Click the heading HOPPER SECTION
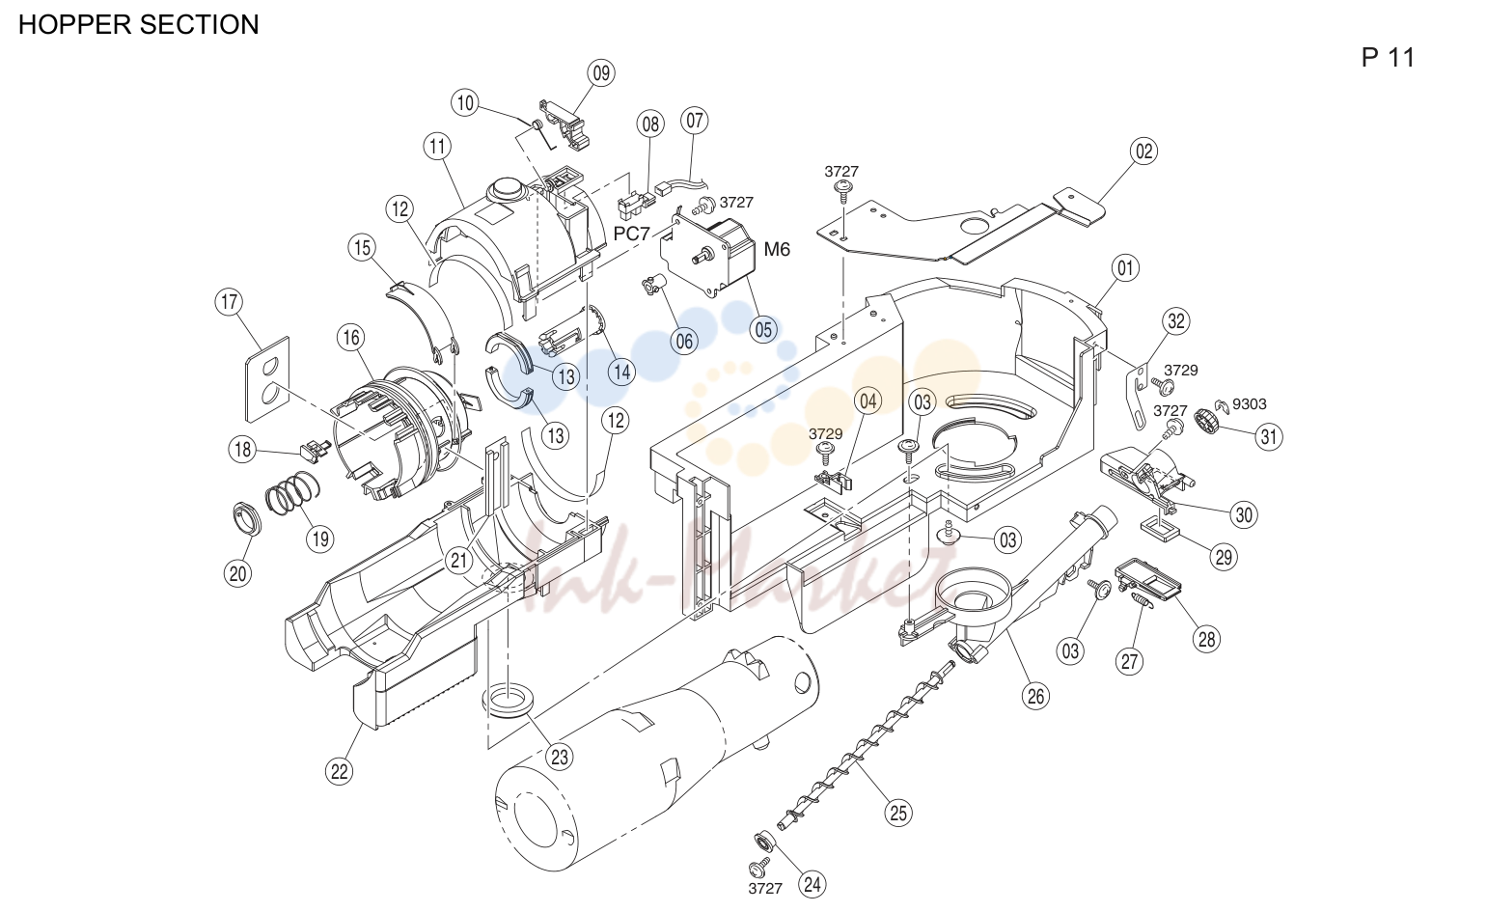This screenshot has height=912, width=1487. point(138,24)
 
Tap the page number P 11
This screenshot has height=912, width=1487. point(1388,58)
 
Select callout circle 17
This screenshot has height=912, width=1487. point(229,302)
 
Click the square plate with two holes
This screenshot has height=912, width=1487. point(267,379)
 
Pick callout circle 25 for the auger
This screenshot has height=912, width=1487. point(898,814)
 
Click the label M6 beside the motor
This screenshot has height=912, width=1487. point(777,249)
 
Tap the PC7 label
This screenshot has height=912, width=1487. point(631,234)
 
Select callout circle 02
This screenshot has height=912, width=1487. point(1143,152)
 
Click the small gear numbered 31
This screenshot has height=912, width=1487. point(1207,422)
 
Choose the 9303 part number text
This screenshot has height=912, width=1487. point(1250,403)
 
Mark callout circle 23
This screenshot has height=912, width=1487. point(560,757)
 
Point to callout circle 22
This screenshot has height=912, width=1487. point(340,772)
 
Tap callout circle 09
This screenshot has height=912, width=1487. point(601,73)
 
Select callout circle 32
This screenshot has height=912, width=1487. point(1175,321)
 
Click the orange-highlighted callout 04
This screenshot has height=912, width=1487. point(867,401)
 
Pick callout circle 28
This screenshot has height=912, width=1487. point(1206,639)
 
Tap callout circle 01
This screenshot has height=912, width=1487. point(1125,268)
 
